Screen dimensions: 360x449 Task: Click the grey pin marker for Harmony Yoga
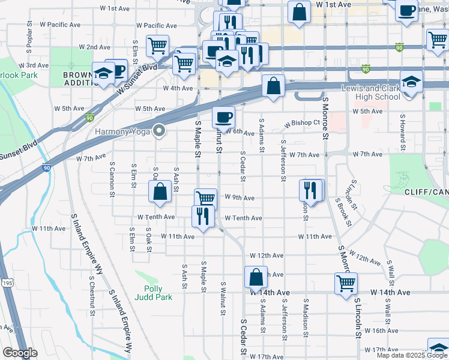[x=159, y=130]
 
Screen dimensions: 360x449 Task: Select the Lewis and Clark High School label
[x=370, y=92]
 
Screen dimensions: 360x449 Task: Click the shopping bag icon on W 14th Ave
[x=256, y=278]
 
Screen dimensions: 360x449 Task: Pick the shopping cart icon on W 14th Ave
[x=346, y=283]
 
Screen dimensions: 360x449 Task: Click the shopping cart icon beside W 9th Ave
[x=206, y=199]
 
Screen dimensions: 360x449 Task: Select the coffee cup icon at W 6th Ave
[x=223, y=117]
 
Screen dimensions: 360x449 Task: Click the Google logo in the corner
[x=19, y=353]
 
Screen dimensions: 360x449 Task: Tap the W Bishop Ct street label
[x=302, y=123]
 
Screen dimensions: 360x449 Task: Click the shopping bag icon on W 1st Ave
[x=298, y=11]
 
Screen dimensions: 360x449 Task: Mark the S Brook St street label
[x=345, y=214]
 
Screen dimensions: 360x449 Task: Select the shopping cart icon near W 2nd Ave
[x=157, y=45]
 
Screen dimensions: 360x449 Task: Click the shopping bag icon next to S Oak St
[x=160, y=192]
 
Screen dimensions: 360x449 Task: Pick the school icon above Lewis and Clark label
[x=412, y=84]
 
